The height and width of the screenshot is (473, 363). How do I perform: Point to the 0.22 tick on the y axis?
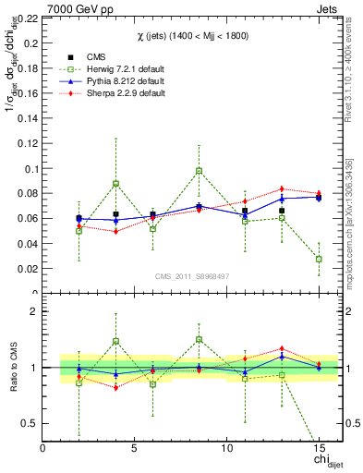pyautogui.click(x=27, y=18)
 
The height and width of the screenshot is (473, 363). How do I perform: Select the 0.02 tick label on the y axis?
pyautogui.click(x=27, y=269)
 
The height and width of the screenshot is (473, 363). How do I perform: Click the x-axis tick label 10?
pyautogui.click(x=227, y=448)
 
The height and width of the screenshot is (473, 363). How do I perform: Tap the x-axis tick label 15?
pyautogui.click(x=319, y=448)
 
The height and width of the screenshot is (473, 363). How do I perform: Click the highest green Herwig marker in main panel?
pyautogui.click(x=199, y=171)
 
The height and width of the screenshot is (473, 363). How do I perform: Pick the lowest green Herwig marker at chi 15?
pyautogui.click(x=319, y=260)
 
